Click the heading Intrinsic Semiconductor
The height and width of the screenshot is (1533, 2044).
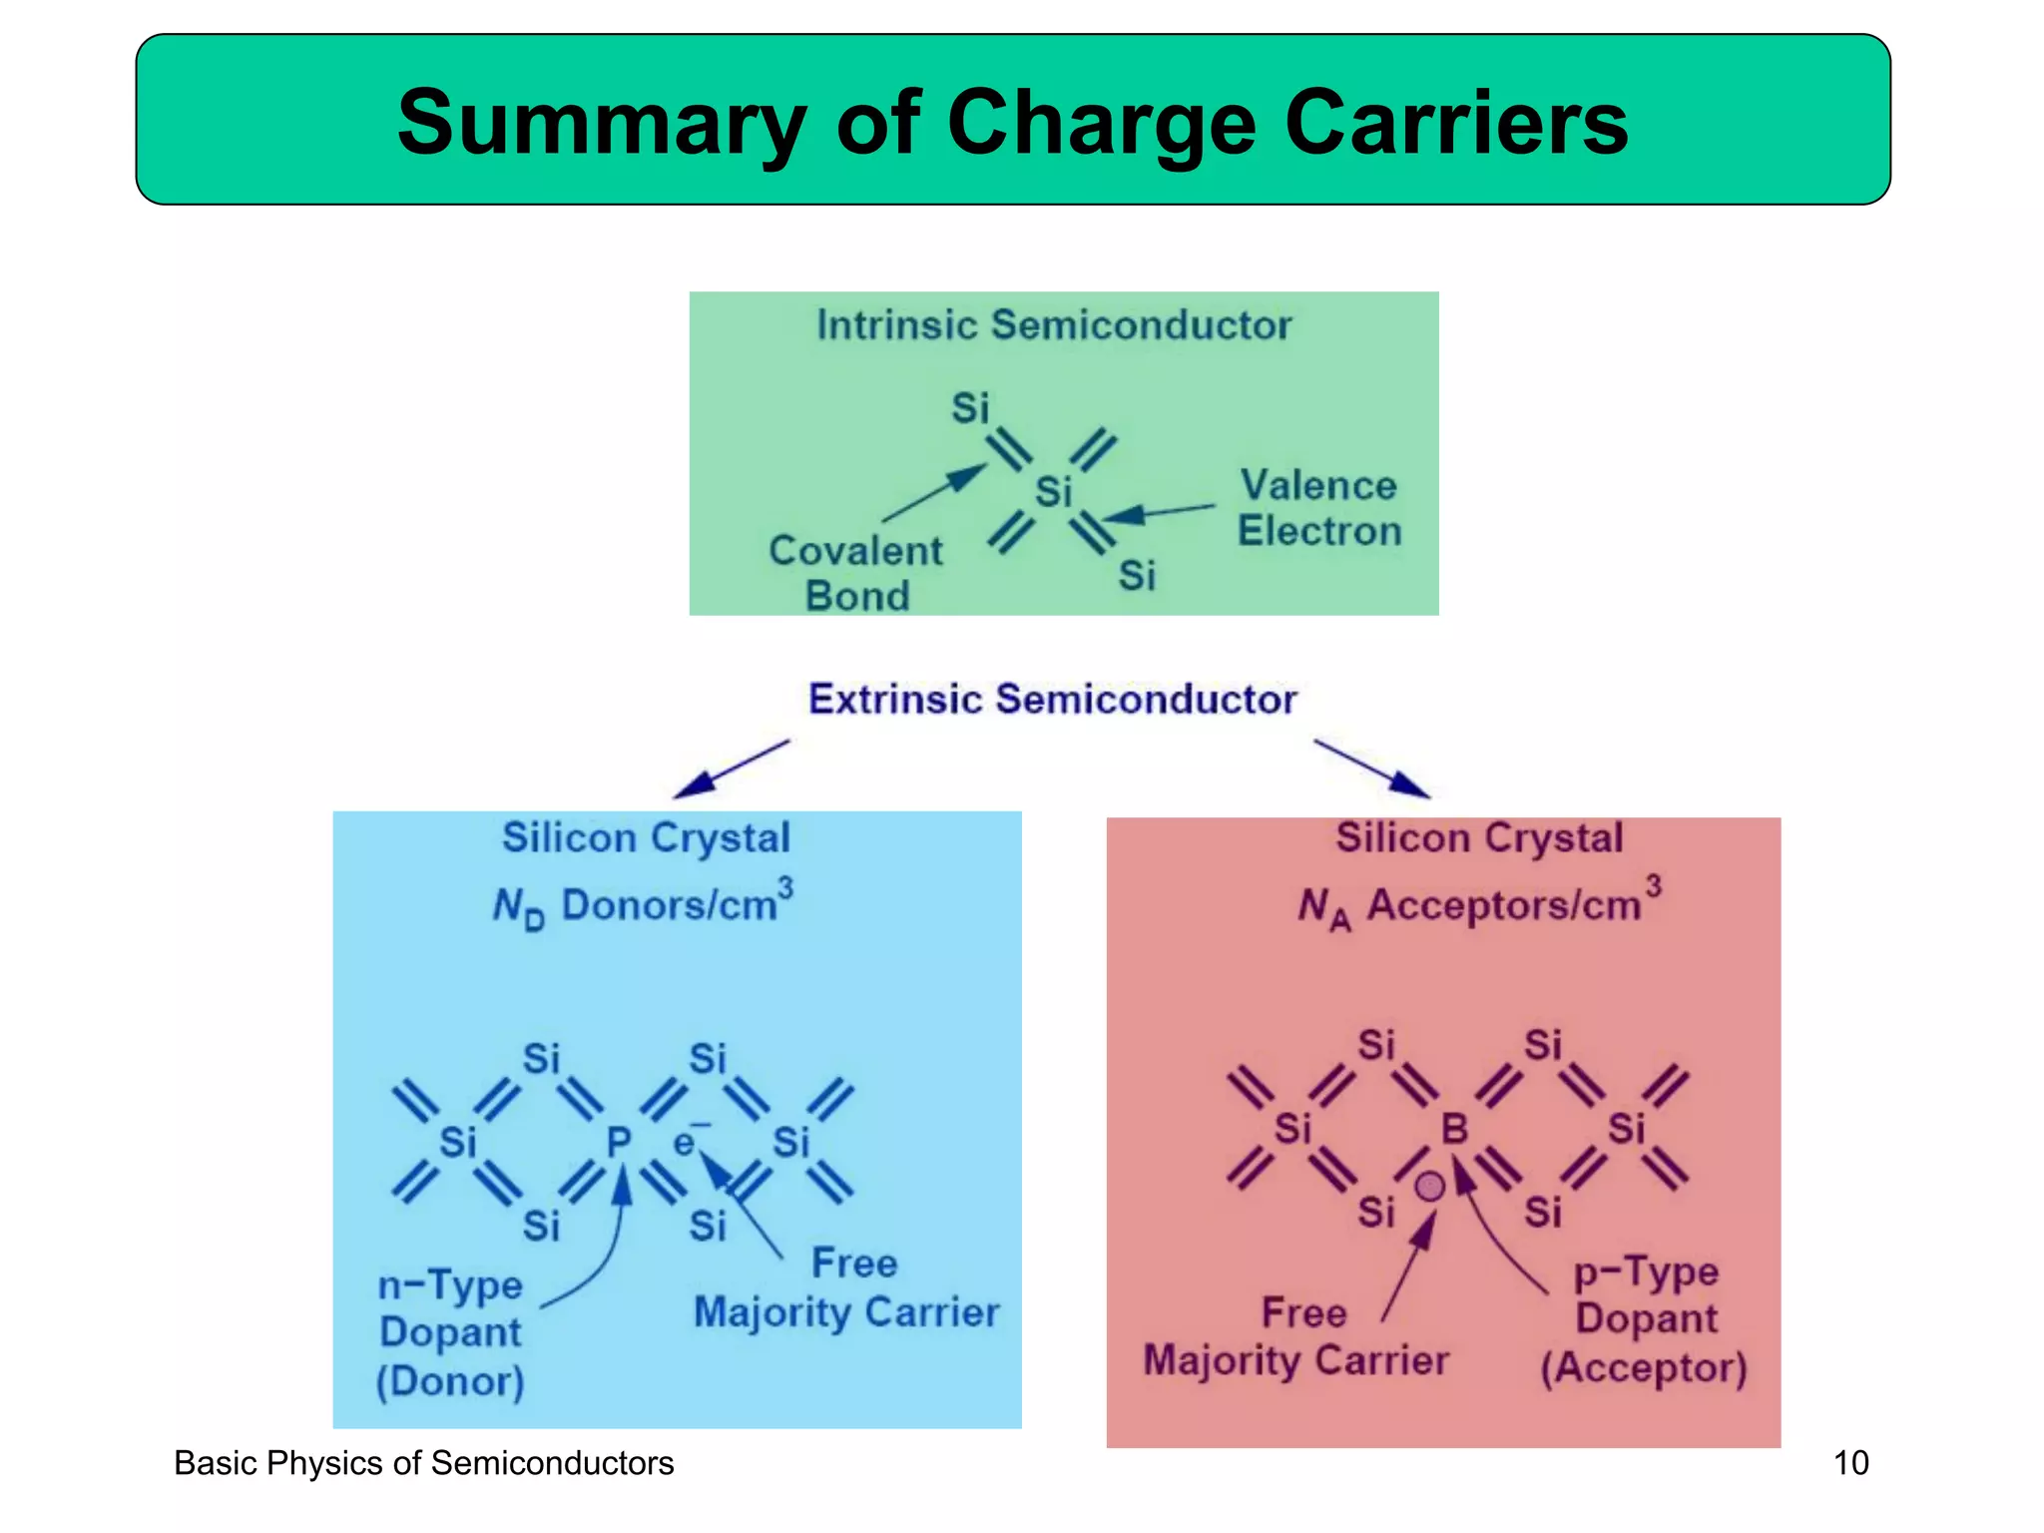click(1054, 325)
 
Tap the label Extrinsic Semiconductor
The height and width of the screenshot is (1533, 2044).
click(1052, 699)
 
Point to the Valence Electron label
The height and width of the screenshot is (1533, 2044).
click(1318, 508)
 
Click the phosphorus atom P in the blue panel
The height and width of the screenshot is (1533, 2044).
click(619, 1142)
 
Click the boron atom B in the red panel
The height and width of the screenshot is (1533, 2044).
click(1454, 1129)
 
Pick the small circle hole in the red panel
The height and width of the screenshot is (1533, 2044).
click(1429, 1187)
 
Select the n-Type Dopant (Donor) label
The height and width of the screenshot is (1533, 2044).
click(450, 1333)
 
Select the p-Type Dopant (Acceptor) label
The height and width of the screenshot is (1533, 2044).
click(1645, 1319)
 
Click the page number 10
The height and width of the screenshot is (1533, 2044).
click(1850, 1463)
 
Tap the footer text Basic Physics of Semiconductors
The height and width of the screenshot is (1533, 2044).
click(424, 1463)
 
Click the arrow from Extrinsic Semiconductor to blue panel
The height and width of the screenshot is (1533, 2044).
click(732, 768)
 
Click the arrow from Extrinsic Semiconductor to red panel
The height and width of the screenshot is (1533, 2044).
click(1372, 768)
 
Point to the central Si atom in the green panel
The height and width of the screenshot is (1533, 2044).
click(1053, 492)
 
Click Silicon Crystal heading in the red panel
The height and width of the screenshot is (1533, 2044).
click(1479, 837)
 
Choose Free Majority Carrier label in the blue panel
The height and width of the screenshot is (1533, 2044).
click(846, 1288)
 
